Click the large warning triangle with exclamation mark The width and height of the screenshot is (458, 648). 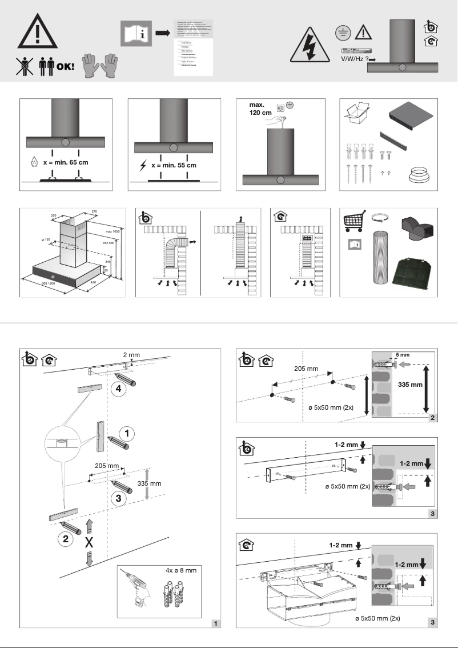pos(37,31)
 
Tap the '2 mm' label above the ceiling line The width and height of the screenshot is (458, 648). pos(131,355)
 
